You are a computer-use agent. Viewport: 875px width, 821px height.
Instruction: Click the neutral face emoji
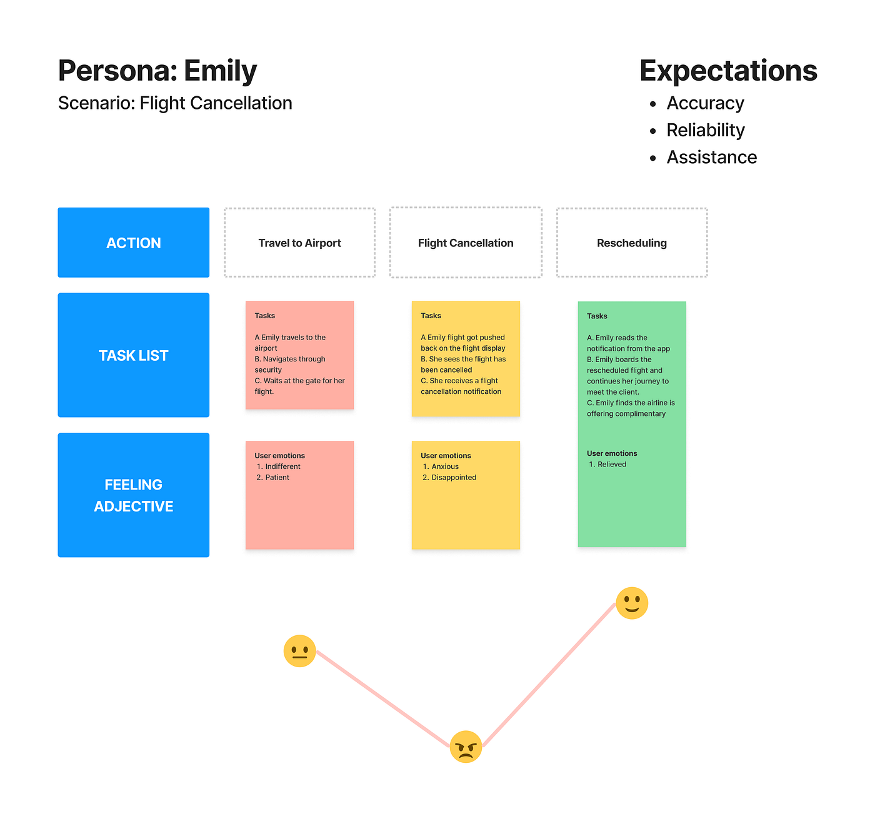(x=299, y=651)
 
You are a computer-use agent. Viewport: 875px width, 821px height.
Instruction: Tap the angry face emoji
(x=466, y=747)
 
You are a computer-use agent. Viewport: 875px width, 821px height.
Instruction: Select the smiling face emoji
(x=632, y=603)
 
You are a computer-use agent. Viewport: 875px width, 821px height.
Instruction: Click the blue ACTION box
(x=134, y=243)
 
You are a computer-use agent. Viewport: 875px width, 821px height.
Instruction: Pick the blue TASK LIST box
(x=134, y=355)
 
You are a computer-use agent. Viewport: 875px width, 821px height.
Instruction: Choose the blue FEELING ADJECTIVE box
(x=134, y=495)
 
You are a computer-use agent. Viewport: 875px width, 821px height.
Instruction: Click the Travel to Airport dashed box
(x=300, y=243)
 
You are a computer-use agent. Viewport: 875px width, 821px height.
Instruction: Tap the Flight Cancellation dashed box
(x=466, y=243)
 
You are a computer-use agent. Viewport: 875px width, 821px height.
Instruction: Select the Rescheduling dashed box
(x=632, y=243)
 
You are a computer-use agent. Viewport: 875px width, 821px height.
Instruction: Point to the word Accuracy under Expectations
(x=705, y=103)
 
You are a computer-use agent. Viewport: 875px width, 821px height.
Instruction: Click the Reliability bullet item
(x=706, y=130)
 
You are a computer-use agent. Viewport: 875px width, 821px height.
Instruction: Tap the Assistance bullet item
(x=711, y=157)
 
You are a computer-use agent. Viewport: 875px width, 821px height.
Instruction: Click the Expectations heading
(x=728, y=71)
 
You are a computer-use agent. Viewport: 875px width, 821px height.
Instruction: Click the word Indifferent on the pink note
(x=282, y=466)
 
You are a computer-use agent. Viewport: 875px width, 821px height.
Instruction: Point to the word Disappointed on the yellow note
(x=454, y=477)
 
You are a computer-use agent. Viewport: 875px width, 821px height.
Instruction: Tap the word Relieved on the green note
(x=612, y=464)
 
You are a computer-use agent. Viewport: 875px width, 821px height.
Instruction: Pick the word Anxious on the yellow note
(x=445, y=466)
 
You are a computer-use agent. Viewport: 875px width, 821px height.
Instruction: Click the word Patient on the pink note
(x=277, y=477)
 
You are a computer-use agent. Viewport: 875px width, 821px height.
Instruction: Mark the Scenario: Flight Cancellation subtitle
(x=175, y=103)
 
